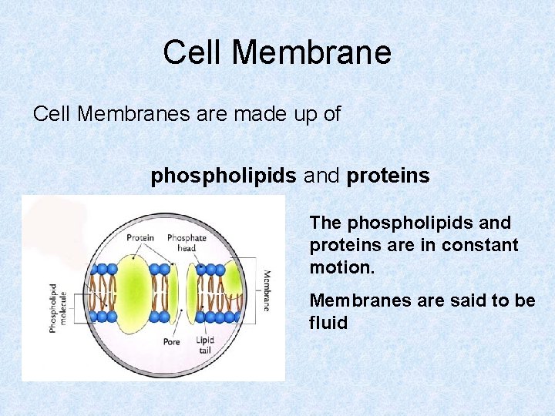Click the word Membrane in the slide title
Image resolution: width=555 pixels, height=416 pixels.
coord(311,53)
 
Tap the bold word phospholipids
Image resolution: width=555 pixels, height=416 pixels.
coord(224,176)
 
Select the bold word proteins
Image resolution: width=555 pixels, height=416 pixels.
coord(388,176)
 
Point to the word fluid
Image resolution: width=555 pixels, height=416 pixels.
coord(328,323)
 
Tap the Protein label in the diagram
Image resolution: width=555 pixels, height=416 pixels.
coord(140,237)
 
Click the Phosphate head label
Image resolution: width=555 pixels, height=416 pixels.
coord(187,243)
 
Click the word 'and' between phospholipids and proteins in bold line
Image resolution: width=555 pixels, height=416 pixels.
coord(321,176)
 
